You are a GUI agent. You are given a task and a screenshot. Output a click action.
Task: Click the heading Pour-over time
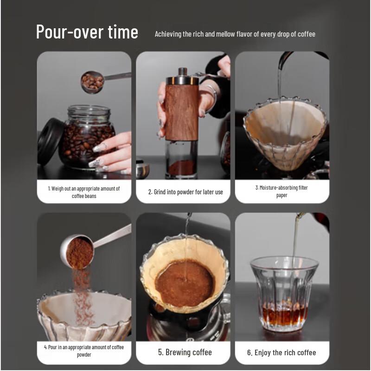[x=87, y=32]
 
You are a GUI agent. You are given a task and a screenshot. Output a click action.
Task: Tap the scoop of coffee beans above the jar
[x=92, y=82]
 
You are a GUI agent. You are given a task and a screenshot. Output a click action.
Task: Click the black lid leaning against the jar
[x=50, y=141]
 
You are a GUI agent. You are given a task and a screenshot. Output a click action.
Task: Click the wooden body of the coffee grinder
[x=182, y=111]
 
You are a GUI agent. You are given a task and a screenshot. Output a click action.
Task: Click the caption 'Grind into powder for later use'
[x=185, y=192]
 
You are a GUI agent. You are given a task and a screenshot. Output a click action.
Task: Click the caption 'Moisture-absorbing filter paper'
[x=281, y=192]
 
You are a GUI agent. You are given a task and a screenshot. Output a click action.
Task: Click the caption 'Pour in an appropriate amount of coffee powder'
[x=84, y=351]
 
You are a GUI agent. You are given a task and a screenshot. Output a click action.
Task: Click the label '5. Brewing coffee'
[x=185, y=352]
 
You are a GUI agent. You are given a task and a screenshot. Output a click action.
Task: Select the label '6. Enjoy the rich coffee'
[x=281, y=352]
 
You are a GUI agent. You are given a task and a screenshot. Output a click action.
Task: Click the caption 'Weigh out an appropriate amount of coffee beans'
[x=84, y=192]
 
